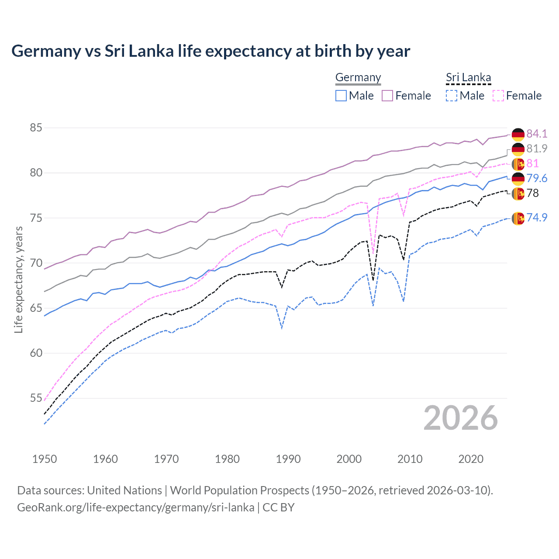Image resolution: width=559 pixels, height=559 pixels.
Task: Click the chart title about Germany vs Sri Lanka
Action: pyautogui.click(x=210, y=51)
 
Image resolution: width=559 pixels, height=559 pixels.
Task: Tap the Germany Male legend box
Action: pyautogui.click(x=341, y=96)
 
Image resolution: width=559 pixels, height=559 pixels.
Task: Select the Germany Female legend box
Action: pyautogui.click(x=387, y=96)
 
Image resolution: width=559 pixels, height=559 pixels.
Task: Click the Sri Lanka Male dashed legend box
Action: pyautogui.click(x=452, y=96)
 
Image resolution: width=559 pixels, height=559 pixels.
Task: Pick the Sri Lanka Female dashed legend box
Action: pyautogui.click(x=498, y=96)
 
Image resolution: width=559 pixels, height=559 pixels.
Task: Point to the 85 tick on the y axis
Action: pyautogui.click(x=36, y=128)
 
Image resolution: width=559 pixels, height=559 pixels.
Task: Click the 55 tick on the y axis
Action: pyautogui.click(x=36, y=398)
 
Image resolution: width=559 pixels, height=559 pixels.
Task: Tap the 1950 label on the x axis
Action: pyautogui.click(x=45, y=459)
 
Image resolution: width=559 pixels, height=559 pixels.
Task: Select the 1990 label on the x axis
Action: pyautogui.click(x=288, y=459)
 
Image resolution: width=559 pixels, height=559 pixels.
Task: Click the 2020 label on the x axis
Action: pyautogui.click(x=471, y=459)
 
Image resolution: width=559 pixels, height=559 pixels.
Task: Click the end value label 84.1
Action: pyautogui.click(x=537, y=134)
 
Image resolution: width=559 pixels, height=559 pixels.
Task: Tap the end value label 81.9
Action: pyautogui.click(x=537, y=148)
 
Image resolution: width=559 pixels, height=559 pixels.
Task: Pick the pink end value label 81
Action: pyautogui.click(x=532, y=163)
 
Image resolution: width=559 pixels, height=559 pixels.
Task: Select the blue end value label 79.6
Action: pyautogui.click(x=537, y=178)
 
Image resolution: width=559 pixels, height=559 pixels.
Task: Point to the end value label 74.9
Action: pyautogui.click(x=537, y=217)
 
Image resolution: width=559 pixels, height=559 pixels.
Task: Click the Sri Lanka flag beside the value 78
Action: pyautogui.click(x=518, y=193)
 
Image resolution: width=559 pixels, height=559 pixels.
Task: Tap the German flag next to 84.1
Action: pyautogui.click(x=518, y=135)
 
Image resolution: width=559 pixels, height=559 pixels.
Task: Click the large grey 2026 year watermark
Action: pyautogui.click(x=461, y=418)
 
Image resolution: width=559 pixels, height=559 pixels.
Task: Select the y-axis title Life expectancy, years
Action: pyautogui.click(x=19, y=279)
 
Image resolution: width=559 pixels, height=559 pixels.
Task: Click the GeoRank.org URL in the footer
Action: pyautogui.click(x=135, y=507)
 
